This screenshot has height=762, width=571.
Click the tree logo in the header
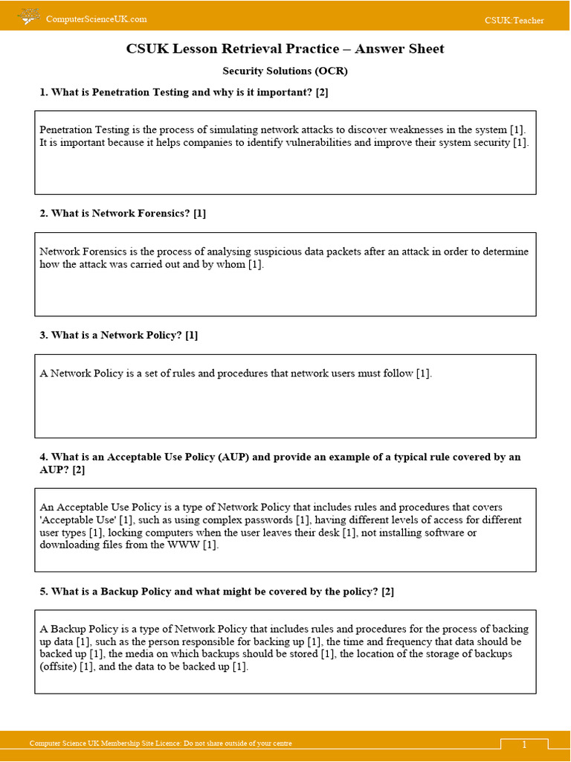[29, 16]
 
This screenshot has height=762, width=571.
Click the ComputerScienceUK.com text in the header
[96, 19]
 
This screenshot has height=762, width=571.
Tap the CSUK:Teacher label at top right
[514, 20]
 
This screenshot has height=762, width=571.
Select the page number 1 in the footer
[523, 744]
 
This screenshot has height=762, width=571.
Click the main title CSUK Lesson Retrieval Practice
[285, 49]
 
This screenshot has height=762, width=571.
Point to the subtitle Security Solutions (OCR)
[285, 71]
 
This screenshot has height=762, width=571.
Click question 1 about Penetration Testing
[184, 92]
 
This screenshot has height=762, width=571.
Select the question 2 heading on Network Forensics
[123, 214]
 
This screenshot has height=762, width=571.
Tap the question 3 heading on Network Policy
[119, 335]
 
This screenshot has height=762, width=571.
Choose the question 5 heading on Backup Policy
[216, 592]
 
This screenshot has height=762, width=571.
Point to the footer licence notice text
[160, 743]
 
